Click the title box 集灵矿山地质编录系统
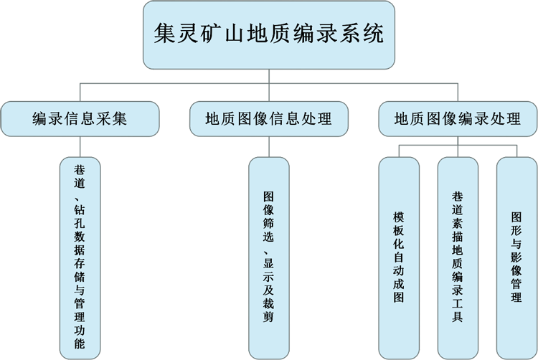(268, 34)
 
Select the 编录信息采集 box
(80, 118)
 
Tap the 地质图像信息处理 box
(268, 118)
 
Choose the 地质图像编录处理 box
(457, 118)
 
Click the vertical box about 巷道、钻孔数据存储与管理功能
(80, 258)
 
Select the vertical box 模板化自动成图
(398, 258)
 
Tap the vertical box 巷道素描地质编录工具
(457, 258)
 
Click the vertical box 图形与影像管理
(516, 258)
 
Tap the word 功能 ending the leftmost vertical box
(80, 338)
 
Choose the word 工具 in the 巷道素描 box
(457, 309)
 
